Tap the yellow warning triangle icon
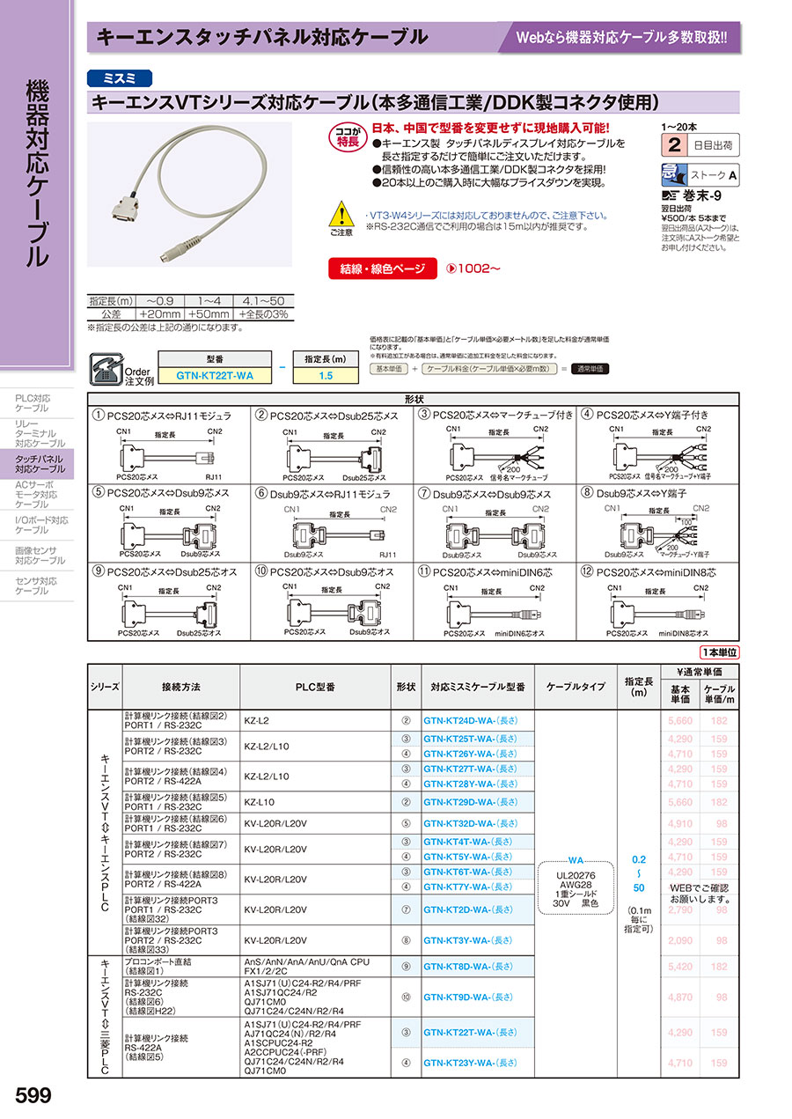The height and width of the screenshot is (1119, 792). pos(341,215)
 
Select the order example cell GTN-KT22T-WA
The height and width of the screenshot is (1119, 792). pos(215,376)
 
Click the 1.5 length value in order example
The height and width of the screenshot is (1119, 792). pos(325,376)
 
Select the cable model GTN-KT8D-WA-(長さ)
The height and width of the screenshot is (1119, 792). pos(471,967)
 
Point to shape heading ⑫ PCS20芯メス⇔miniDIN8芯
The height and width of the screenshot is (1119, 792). pos(656,572)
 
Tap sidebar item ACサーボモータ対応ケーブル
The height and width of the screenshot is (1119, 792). pos(38,495)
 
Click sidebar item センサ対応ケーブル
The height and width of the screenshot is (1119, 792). pos(38,585)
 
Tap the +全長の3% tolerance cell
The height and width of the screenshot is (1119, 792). pos(263,313)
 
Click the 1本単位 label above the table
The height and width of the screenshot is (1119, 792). pos(720,652)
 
